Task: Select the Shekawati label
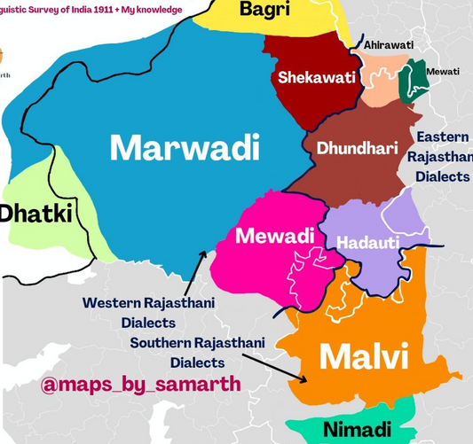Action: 316,78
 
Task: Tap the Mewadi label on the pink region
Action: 274,237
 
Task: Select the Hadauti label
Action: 372,242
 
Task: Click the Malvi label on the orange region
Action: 363,357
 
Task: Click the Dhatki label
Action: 35,213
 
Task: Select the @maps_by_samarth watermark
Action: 140,386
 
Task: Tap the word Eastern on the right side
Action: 443,137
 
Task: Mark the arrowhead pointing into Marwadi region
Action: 205,253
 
